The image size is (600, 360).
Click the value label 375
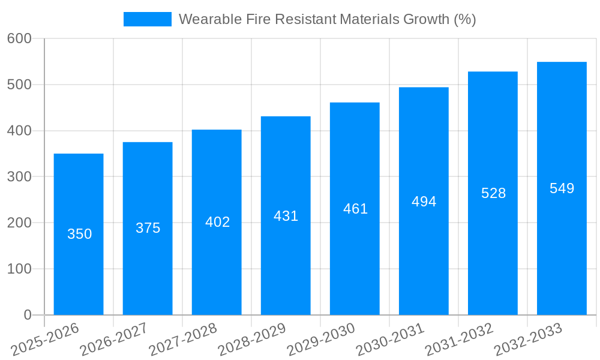click(148, 228)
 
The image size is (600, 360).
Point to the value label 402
click(217, 222)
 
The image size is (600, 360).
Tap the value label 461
click(355, 209)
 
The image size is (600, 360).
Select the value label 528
click(493, 193)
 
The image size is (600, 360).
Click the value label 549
click(562, 188)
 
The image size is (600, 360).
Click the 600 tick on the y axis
click(19, 38)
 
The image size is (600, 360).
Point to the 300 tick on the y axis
click(19, 177)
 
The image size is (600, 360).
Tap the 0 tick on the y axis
click(28, 315)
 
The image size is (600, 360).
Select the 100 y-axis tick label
click(19, 269)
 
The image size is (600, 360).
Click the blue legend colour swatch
click(147, 19)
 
